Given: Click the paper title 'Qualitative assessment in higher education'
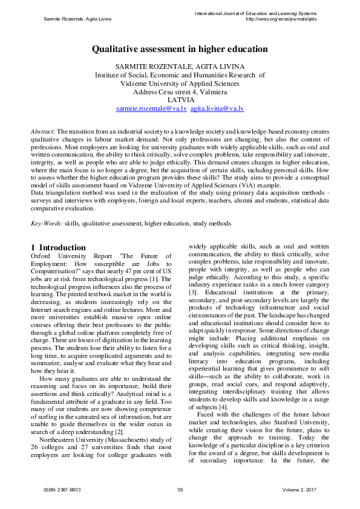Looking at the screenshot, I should click(x=180, y=50).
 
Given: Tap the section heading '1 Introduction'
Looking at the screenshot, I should click(x=58, y=247).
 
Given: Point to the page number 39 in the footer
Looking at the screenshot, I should click(x=180, y=489).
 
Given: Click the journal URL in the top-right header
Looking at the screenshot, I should click(x=280, y=19).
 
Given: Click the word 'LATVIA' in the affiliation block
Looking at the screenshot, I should click(x=180, y=100).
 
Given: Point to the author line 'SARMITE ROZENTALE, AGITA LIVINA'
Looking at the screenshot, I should click(x=180, y=66).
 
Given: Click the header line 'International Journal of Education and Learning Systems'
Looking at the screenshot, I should click(x=264, y=13).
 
